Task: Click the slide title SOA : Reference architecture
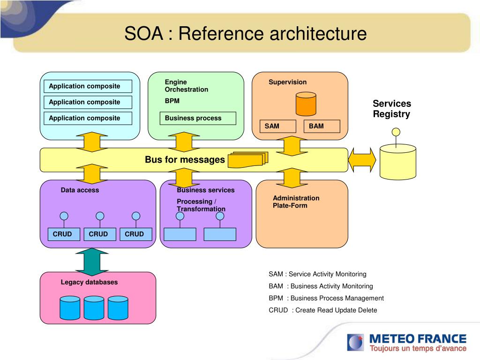point(245,34)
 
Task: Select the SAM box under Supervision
point(278,126)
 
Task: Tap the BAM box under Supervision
point(322,126)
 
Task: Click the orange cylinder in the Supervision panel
point(306,104)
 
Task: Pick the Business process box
point(198,118)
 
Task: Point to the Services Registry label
point(391,109)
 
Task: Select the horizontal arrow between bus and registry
point(362,160)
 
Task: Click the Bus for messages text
point(185,160)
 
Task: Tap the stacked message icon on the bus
point(247,159)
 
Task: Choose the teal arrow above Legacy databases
point(92,262)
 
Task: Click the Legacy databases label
point(89,282)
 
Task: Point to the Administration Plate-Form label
point(296,202)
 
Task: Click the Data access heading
point(80,190)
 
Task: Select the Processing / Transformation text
point(201,205)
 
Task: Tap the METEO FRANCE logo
point(406,342)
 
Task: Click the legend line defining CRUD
point(322,310)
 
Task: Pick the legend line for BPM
point(326,298)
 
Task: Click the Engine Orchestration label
point(186,86)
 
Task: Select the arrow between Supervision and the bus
point(292,146)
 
